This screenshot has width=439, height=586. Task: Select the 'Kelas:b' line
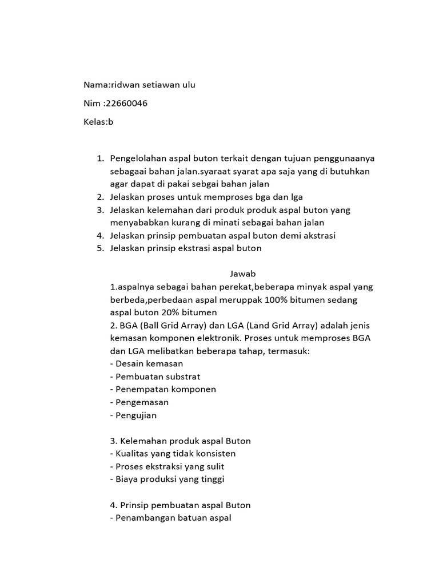tap(99, 122)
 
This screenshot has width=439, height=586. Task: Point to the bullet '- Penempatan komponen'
tap(163, 389)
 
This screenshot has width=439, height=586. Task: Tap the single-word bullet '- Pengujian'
tap(133, 415)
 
